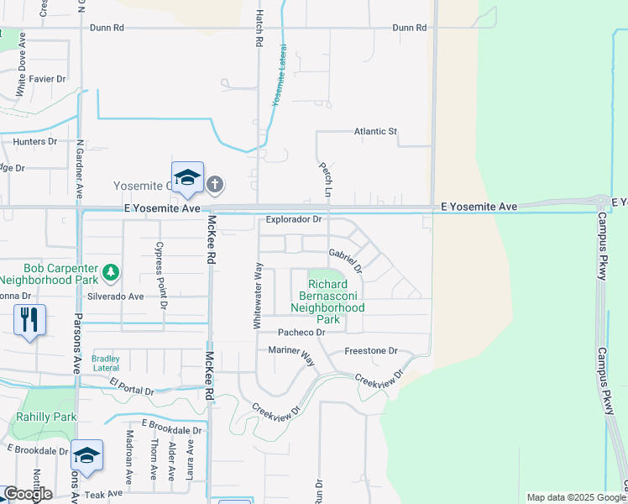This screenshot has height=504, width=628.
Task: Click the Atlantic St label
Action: (374, 132)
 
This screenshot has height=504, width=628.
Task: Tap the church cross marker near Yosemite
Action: (215, 184)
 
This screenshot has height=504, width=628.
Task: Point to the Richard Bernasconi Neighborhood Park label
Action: (327, 302)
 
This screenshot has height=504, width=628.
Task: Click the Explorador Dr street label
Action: (294, 220)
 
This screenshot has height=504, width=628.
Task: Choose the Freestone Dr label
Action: (370, 351)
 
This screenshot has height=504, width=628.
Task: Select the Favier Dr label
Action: (47, 79)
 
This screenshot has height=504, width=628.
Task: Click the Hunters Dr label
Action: (34, 142)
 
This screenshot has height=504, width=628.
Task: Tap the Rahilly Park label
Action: (46, 417)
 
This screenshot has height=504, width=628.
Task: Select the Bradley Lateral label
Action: (106, 363)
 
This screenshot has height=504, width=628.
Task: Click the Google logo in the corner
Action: (27, 494)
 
